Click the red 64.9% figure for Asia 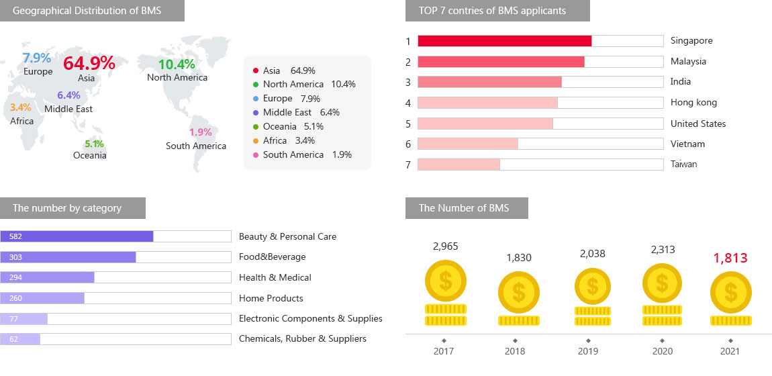89,63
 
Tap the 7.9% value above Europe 37,58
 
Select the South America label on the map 196,146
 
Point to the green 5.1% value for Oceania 94,144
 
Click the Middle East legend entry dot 256,113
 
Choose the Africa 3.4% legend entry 289,140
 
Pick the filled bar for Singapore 505,41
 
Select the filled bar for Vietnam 468,144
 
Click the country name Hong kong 693,103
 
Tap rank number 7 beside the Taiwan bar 407,164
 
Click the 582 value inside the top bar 16,236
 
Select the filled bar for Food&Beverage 68,257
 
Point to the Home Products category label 271,298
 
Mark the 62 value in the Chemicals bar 13,339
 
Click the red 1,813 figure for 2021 730,258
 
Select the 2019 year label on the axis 589,351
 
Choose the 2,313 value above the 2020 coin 663,250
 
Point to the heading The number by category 67,208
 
